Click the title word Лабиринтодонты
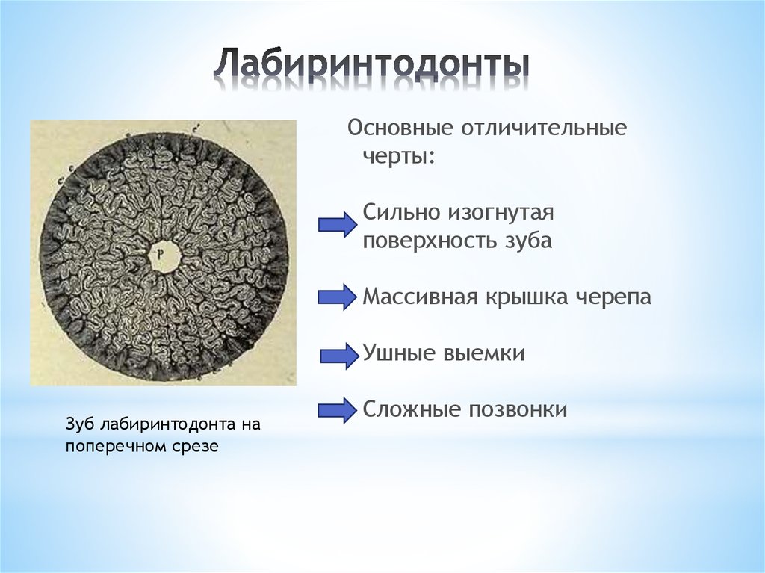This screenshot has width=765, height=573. (371, 66)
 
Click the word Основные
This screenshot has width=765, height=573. (392, 128)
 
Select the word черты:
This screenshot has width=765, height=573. (399, 157)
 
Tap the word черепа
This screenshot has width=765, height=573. (613, 297)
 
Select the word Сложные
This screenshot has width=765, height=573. (410, 409)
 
